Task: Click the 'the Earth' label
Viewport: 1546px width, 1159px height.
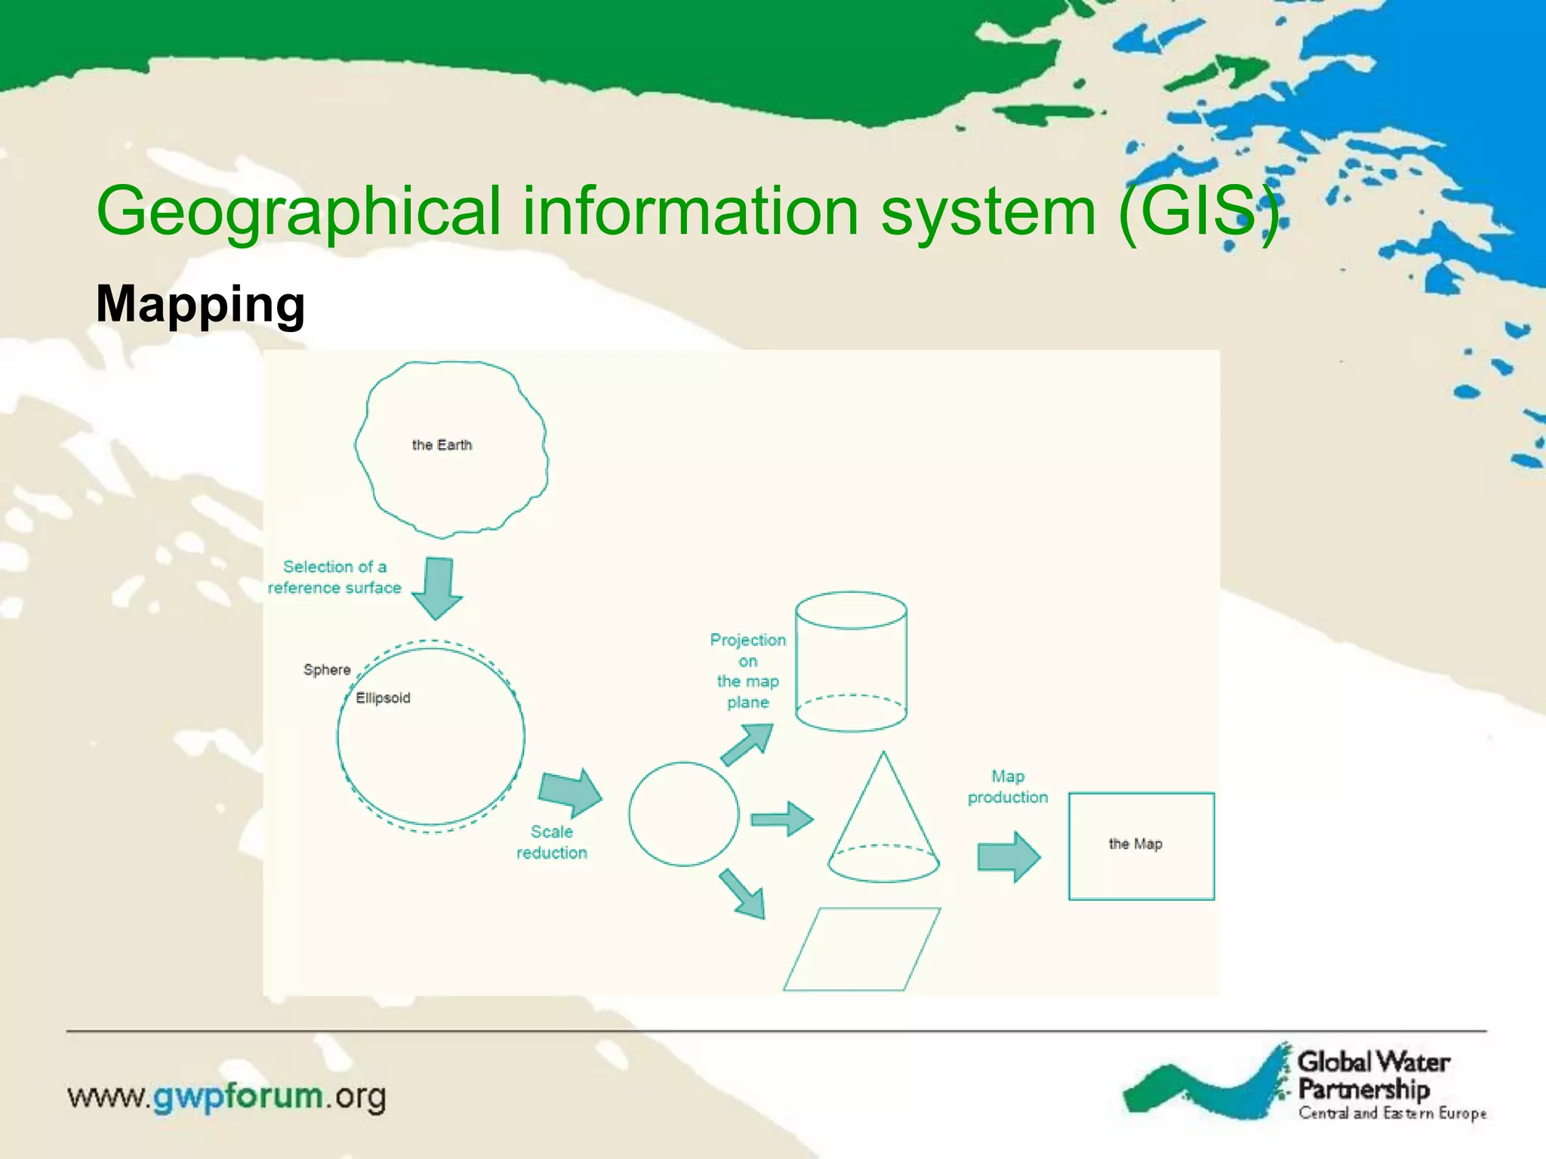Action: [x=442, y=445]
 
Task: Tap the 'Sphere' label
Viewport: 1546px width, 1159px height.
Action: [x=327, y=670]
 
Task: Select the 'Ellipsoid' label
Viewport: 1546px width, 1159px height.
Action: [x=383, y=698]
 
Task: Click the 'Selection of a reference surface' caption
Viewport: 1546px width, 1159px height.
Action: [x=334, y=577]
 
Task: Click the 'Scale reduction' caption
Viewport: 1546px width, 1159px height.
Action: [x=552, y=842]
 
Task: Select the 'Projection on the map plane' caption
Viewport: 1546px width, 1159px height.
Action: [x=747, y=671]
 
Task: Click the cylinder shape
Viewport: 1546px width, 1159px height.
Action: [x=851, y=662]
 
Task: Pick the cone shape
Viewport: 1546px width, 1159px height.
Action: [x=883, y=826]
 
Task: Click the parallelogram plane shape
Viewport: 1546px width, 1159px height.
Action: [x=861, y=948]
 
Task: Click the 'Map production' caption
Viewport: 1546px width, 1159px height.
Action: [x=1008, y=787]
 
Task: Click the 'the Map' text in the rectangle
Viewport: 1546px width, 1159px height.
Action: [x=1135, y=844]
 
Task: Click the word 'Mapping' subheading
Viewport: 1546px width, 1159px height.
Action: [x=201, y=304]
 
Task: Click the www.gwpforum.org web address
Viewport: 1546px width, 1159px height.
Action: [x=226, y=1096]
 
